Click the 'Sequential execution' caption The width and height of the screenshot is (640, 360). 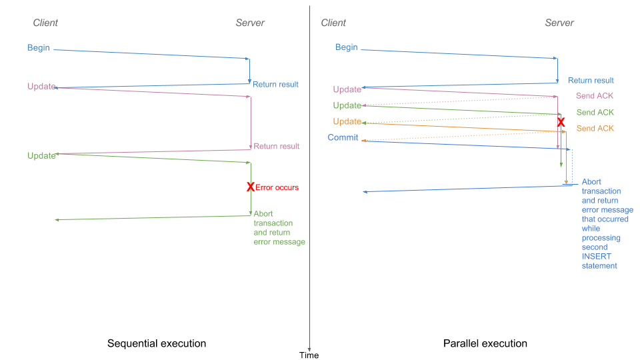click(x=157, y=343)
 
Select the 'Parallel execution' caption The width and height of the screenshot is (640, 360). click(x=485, y=343)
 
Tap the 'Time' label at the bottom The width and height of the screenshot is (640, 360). click(x=309, y=355)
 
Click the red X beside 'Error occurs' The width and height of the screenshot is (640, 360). click(x=251, y=187)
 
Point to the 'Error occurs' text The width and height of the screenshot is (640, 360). click(x=277, y=187)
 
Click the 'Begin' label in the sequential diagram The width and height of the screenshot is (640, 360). click(x=39, y=48)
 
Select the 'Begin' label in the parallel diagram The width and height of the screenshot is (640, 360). click(x=347, y=47)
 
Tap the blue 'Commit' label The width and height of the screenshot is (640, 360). click(x=343, y=137)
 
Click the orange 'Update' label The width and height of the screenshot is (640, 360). click(x=347, y=121)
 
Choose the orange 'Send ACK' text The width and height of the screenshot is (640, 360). click(x=595, y=128)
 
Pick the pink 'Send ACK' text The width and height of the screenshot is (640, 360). click(x=595, y=96)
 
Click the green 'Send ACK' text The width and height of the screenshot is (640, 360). click(x=595, y=112)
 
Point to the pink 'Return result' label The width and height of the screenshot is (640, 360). click(x=277, y=146)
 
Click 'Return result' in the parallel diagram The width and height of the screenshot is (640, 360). click(x=591, y=80)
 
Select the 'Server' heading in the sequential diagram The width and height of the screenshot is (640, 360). click(x=250, y=23)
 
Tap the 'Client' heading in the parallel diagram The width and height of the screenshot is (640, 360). click(x=333, y=23)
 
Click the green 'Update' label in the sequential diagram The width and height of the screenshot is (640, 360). click(x=41, y=155)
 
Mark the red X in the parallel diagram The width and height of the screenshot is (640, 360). click(x=561, y=123)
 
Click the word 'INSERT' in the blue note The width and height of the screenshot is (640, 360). click(x=596, y=257)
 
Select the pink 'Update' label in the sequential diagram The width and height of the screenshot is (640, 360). click(x=41, y=87)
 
